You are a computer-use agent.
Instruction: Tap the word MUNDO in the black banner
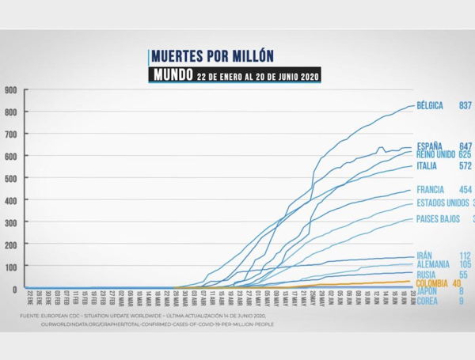(172, 76)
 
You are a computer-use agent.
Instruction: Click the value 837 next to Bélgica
(465, 105)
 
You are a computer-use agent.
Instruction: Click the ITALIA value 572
(465, 166)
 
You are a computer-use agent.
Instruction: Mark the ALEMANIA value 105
(465, 264)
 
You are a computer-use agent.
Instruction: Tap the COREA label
(427, 301)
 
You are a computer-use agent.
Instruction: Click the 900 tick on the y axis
(11, 89)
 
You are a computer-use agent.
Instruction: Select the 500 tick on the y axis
(11, 178)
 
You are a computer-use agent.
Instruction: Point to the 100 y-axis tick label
(11, 267)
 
